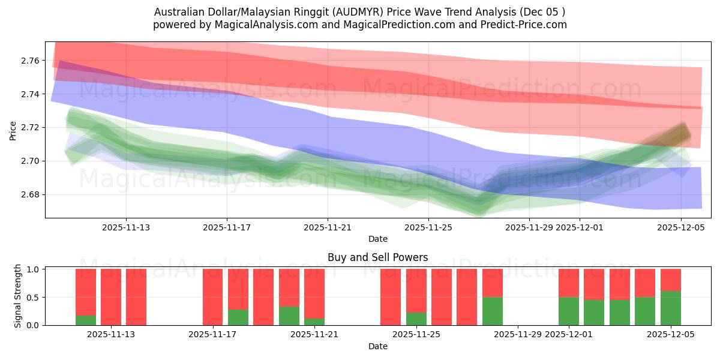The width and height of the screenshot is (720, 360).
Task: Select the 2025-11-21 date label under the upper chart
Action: pyautogui.click(x=328, y=228)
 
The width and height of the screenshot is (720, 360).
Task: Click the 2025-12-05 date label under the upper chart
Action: pyautogui.click(x=680, y=228)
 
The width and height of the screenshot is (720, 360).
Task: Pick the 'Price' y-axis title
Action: pyautogui.click(x=13, y=130)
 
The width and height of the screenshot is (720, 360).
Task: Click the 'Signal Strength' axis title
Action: pyautogui.click(x=18, y=296)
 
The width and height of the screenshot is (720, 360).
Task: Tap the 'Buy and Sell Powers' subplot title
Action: pyautogui.click(x=377, y=257)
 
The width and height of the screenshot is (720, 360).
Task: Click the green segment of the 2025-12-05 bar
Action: pyautogui.click(x=671, y=308)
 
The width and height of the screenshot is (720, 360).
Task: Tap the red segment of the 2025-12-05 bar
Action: pyautogui.click(x=671, y=280)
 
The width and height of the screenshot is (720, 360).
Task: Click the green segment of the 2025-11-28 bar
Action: pyautogui.click(x=493, y=311)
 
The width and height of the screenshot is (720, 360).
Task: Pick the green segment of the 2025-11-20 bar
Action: pyautogui.click(x=289, y=316)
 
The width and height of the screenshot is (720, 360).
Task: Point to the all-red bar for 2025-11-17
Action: pyautogui.click(x=213, y=297)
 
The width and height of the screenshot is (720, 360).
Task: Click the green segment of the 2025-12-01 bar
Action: pyautogui.click(x=569, y=311)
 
